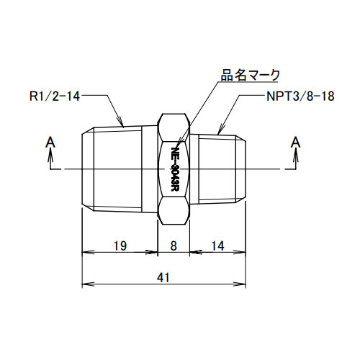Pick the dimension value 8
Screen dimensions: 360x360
174,246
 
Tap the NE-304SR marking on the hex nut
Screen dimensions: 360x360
174,168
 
